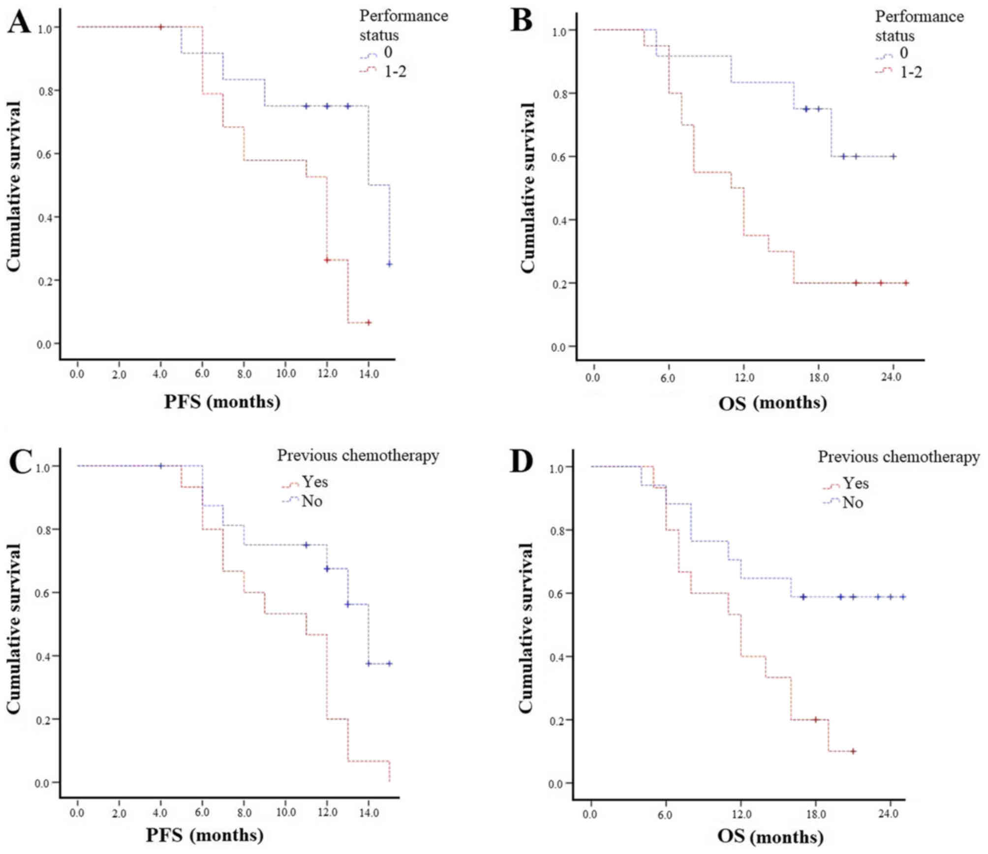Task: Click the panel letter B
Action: click(x=522, y=22)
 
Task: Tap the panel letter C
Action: click(x=20, y=462)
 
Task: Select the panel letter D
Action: click(x=521, y=462)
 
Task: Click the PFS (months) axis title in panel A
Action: click(x=222, y=402)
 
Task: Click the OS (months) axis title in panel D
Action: click(x=770, y=836)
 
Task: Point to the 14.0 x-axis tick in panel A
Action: click(x=369, y=374)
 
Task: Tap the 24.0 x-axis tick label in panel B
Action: click(x=891, y=377)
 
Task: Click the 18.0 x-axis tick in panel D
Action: click(x=815, y=814)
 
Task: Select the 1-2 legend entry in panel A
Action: click(x=395, y=72)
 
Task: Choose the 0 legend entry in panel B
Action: click(x=903, y=53)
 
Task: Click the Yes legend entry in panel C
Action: click(x=314, y=482)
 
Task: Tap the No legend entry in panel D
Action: click(x=853, y=502)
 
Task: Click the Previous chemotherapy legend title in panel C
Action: click(x=358, y=456)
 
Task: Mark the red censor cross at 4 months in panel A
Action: click(x=160, y=27)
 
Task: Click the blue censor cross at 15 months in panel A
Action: click(x=389, y=264)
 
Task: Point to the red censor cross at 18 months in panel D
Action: click(x=815, y=720)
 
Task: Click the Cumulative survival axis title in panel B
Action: click(x=527, y=187)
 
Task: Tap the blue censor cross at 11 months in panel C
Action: click(x=306, y=545)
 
